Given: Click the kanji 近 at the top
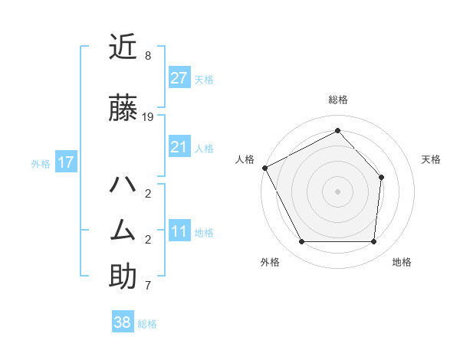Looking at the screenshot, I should pyautogui.click(x=123, y=47).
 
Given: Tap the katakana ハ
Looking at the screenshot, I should pyautogui.click(x=123, y=185).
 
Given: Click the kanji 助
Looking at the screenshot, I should pyautogui.click(x=123, y=277).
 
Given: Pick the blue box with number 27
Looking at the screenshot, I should pyautogui.click(x=179, y=78).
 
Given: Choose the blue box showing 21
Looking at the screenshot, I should pyautogui.click(x=179, y=147).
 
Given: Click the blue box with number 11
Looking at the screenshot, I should pyautogui.click(x=179, y=232).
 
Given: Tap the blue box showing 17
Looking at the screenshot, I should pyautogui.click(x=66, y=162).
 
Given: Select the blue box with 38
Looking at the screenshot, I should pyautogui.click(x=123, y=322).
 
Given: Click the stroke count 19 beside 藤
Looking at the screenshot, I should pyautogui.click(x=148, y=117).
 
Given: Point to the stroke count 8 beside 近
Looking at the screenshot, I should pyautogui.click(x=148, y=56).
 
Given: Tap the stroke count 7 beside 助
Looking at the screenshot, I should pyautogui.click(x=148, y=286).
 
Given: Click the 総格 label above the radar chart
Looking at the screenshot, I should pyautogui.click(x=337, y=100).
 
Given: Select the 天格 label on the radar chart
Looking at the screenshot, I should pyautogui.click(x=431, y=159).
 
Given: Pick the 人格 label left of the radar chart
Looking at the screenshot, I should pyautogui.click(x=245, y=159).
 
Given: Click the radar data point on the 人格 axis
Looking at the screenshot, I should pyautogui.click(x=264, y=168).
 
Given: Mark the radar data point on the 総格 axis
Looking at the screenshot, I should pyautogui.click(x=337, y=131).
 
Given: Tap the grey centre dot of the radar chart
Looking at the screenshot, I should pyautogui.click(x=337, y=191).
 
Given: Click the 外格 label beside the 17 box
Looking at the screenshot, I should pyautogui.click(x=41, y=163).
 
